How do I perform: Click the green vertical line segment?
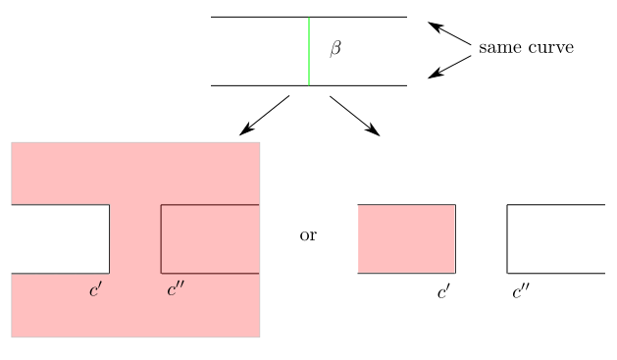coord(309,51)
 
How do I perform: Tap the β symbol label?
coord(335,48)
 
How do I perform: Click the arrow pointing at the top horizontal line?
coord(449,32)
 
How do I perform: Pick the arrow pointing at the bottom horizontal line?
coord(449,66)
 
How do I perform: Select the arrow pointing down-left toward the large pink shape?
coord(264,115)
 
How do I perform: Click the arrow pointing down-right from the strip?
coord(354,115)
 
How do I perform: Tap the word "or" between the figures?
coord(308,235)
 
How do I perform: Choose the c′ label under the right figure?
coord(444,290)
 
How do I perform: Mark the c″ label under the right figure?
coord(521,290)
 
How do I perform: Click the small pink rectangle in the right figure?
coord(407,238)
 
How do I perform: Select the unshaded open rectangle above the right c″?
coord(555,238)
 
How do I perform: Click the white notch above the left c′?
coord(59,238)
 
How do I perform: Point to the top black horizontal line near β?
coord(255,18)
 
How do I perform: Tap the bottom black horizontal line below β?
coord(255,85)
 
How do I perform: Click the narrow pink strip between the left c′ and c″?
coord(135,238)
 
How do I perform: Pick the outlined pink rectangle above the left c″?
coord(210,238)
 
